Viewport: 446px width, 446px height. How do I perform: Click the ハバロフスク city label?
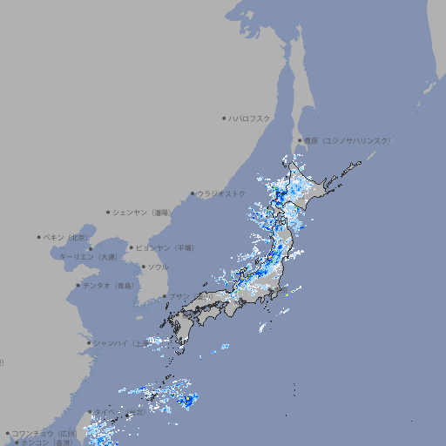pos(250,118)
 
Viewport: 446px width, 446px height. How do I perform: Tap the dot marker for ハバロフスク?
pos(224,118)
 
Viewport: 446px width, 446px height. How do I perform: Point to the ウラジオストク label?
pos(221,193)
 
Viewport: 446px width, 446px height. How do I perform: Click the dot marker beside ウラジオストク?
pos(193,193)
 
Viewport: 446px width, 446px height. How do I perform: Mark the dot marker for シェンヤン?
pos(108,212)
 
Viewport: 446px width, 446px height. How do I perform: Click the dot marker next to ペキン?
pos(39,237)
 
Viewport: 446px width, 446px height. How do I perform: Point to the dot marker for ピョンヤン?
pos(132,247)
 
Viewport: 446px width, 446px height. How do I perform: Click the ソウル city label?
pos(158,267)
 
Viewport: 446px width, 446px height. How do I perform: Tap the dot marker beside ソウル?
pos(142,267)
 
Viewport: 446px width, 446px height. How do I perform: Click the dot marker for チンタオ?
pos(78,286)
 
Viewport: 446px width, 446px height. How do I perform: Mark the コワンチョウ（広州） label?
pos(44,433)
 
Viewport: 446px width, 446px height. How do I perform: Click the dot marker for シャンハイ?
pos(89,343)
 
